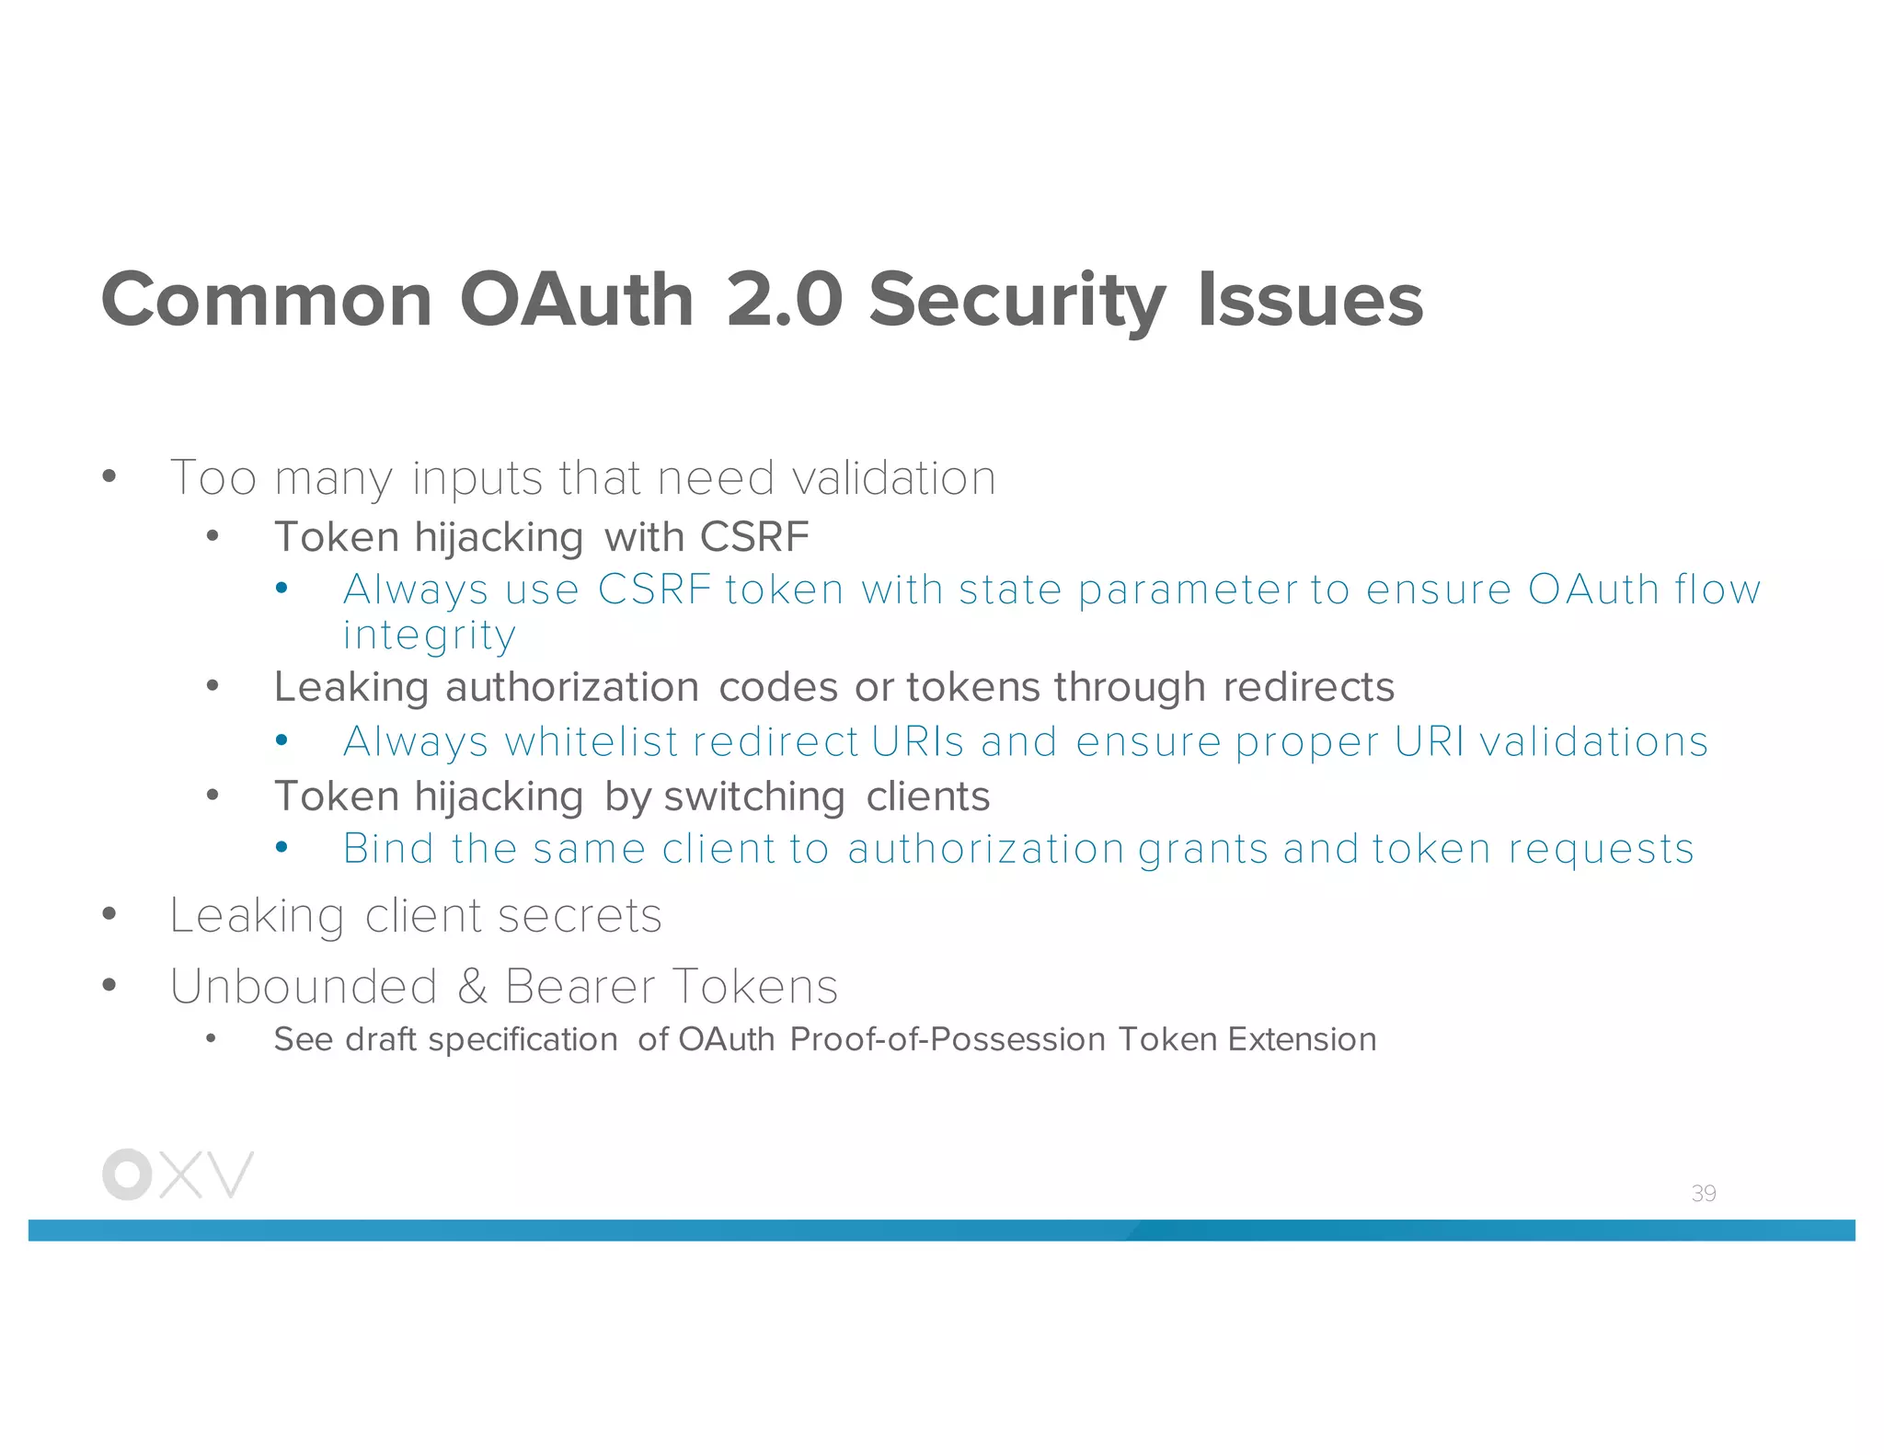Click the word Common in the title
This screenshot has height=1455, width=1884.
coord(267,300)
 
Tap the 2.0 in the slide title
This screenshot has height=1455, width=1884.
coord(784,300)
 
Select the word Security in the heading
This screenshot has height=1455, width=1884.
coord(1017,300)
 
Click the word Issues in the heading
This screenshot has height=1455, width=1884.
coord(1310,300)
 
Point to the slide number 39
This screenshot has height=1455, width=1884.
coord(1703,1193)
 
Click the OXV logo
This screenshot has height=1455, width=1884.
coord(178,1174)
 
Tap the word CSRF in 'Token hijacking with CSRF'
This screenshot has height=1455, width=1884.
coord(754,536)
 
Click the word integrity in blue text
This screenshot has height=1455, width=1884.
coord(429,635)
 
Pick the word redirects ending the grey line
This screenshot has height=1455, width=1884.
coord(1308,687)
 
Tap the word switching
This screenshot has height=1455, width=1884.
coord(754,796)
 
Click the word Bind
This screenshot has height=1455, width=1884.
coord(387,848)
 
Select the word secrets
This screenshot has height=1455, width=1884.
coord(580,916)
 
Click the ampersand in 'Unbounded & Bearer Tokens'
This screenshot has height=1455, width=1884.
coord(472,986)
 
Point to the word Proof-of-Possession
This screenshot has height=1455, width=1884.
coord(948,1039)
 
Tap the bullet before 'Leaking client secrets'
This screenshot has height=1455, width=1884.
coord(109,914)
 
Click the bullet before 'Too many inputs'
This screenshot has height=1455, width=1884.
coord(109,476)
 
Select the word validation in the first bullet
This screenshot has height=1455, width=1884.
coord(893,478)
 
